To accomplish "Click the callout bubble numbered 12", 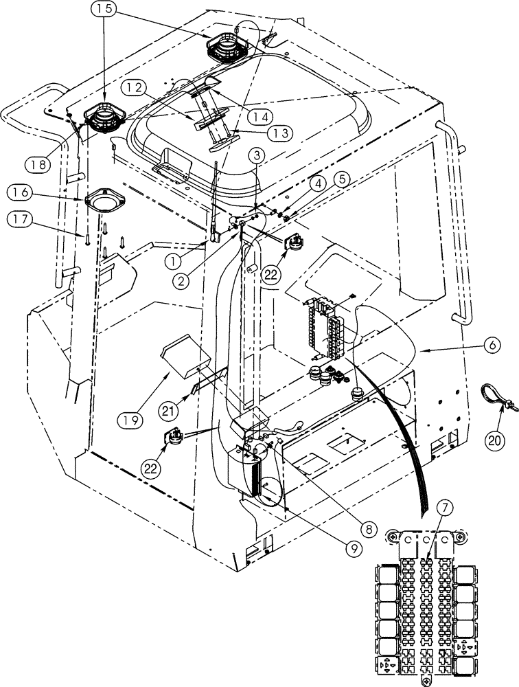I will click(135, 88).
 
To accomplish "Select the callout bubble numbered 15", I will click(106, 10).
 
